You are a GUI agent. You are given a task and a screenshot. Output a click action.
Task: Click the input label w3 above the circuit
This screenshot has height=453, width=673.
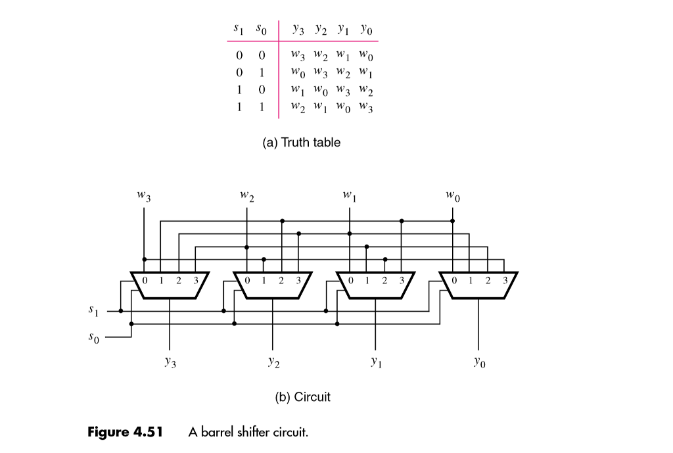[x=144, y=195]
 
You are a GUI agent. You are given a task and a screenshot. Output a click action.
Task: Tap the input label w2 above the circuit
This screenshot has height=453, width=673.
[x=247, y=195]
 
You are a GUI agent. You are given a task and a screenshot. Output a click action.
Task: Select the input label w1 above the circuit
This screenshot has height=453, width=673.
[x=350, y=195]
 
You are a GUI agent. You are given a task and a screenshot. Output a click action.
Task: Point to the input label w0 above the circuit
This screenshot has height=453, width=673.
[x=452, y=195]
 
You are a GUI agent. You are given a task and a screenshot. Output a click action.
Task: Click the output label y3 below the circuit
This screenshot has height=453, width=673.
[x=170, y=362]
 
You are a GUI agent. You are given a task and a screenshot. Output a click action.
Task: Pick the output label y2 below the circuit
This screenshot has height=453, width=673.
[x=273, y=362]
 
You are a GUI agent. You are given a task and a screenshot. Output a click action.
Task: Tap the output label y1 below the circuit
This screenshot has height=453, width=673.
[x=375, y=362]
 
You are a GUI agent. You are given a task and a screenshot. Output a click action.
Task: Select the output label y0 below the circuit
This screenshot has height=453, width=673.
[x=478, y=362]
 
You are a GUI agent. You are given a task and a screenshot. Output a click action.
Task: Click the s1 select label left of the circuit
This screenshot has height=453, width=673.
[x=93, y=309]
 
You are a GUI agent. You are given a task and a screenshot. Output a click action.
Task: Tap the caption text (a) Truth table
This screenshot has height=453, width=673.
[x=302, y=142]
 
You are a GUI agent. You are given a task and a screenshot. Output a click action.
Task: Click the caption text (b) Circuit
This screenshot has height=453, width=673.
[x=302, y=397]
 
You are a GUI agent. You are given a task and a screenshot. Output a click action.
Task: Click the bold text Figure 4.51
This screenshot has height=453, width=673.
[x=126, y=432]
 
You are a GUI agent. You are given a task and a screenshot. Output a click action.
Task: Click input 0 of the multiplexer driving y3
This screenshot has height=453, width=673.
[x=145, y=280]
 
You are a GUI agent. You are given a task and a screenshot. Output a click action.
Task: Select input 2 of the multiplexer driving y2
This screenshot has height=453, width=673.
[x=281, y=280]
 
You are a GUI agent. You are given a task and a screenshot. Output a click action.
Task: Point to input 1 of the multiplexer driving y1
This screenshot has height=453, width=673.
[x=367, y=280]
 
